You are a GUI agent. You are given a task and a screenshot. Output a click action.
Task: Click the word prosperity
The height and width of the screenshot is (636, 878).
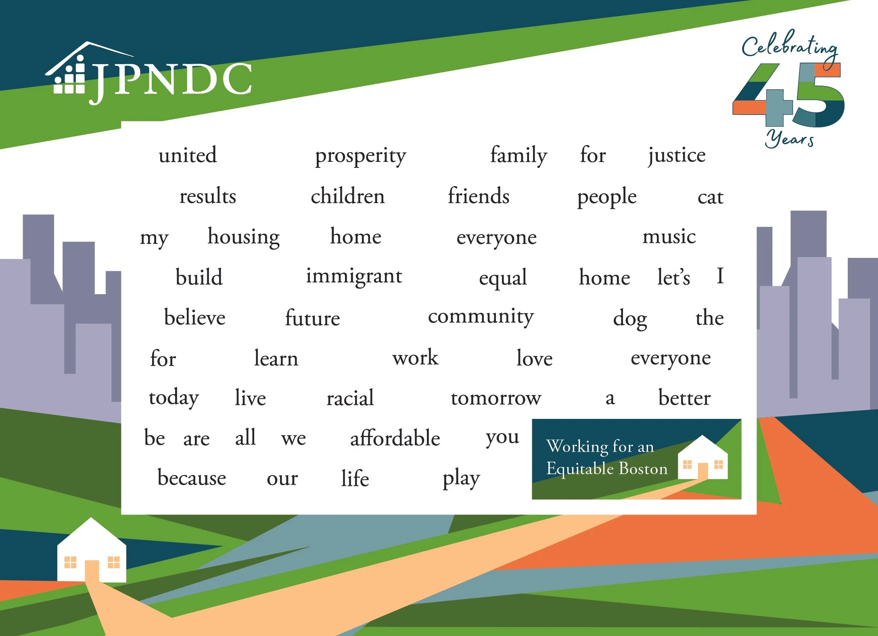click(x=360, y=156)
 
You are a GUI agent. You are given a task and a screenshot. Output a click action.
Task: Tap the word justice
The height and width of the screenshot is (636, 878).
click(x=677, y=155)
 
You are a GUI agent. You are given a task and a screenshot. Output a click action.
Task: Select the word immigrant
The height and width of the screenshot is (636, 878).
click(x=354, y=277)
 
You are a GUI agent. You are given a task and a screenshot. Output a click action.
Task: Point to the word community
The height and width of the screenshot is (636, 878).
click(x=481, y=317)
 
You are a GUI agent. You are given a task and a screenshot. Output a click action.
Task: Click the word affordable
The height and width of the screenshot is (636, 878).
click(x=395, y=438)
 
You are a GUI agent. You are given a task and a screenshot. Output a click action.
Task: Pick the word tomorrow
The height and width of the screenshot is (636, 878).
click(x=496, y=398)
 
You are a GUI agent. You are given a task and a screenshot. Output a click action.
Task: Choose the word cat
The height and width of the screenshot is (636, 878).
click(x=710, y=197)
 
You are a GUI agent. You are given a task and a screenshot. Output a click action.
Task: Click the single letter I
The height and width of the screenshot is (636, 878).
click(x=720, y=276)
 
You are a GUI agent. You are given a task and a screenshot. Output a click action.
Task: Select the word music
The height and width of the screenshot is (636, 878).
click(x=669, y=236)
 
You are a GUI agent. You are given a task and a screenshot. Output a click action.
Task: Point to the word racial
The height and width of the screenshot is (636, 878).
click(x=350, y=398)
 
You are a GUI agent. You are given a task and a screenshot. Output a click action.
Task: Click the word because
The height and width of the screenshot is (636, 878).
click(x=192, y=478)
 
